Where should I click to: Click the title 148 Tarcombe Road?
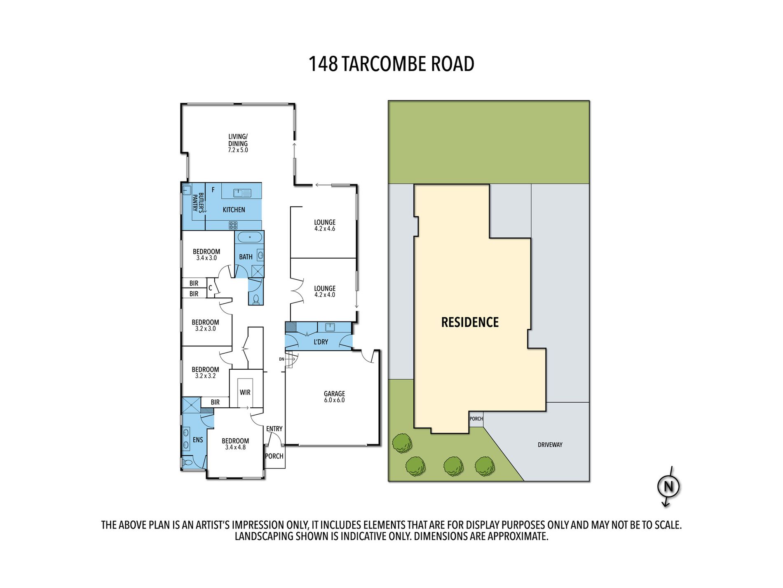tap(391, 64)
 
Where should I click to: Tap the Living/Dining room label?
tap(238, 143)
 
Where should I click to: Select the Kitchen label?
tap(234, 210)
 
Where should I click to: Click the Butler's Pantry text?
tap(198, 202)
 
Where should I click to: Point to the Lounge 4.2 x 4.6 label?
tap(325, 225)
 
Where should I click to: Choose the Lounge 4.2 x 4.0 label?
tap(325, 291)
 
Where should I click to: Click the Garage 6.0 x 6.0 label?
tap(334, 397)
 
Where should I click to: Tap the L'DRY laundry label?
tap(321, 342)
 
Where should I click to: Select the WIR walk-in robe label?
tap(245, 392)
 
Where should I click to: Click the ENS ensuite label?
tap(198, 440)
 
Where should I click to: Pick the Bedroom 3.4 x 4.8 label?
tap(235, 444)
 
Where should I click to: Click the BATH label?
tap(246, 257)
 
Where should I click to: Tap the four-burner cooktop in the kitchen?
tap(233, 225)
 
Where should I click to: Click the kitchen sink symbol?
tap(242, 193)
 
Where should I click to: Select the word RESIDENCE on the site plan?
tap(470, 322)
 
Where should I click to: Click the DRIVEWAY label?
tap(550, 445)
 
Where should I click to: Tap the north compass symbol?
tap(668, 486)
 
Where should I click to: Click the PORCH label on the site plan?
tap(476, 419)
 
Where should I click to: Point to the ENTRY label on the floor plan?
tap(274, 429)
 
